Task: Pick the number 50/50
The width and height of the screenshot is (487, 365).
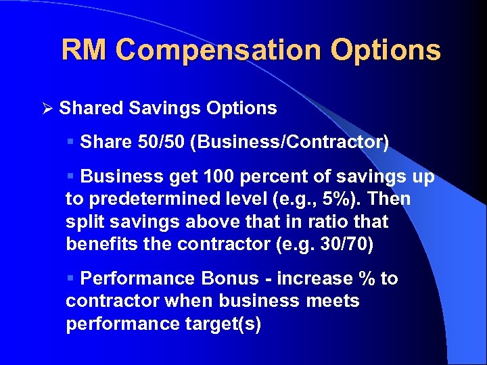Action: (x=157, y=142)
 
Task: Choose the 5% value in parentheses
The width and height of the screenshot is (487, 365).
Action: (x=335, y=199)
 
